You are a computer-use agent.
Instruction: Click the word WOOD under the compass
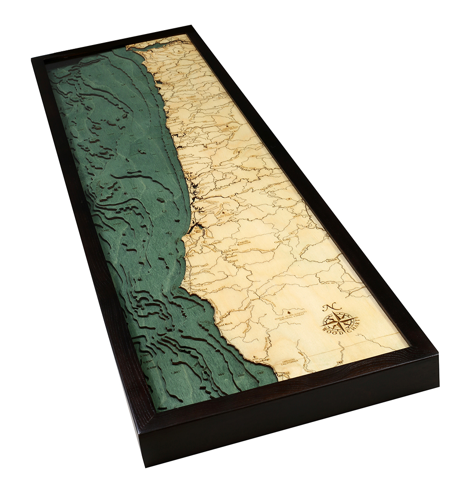(331, 331)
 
